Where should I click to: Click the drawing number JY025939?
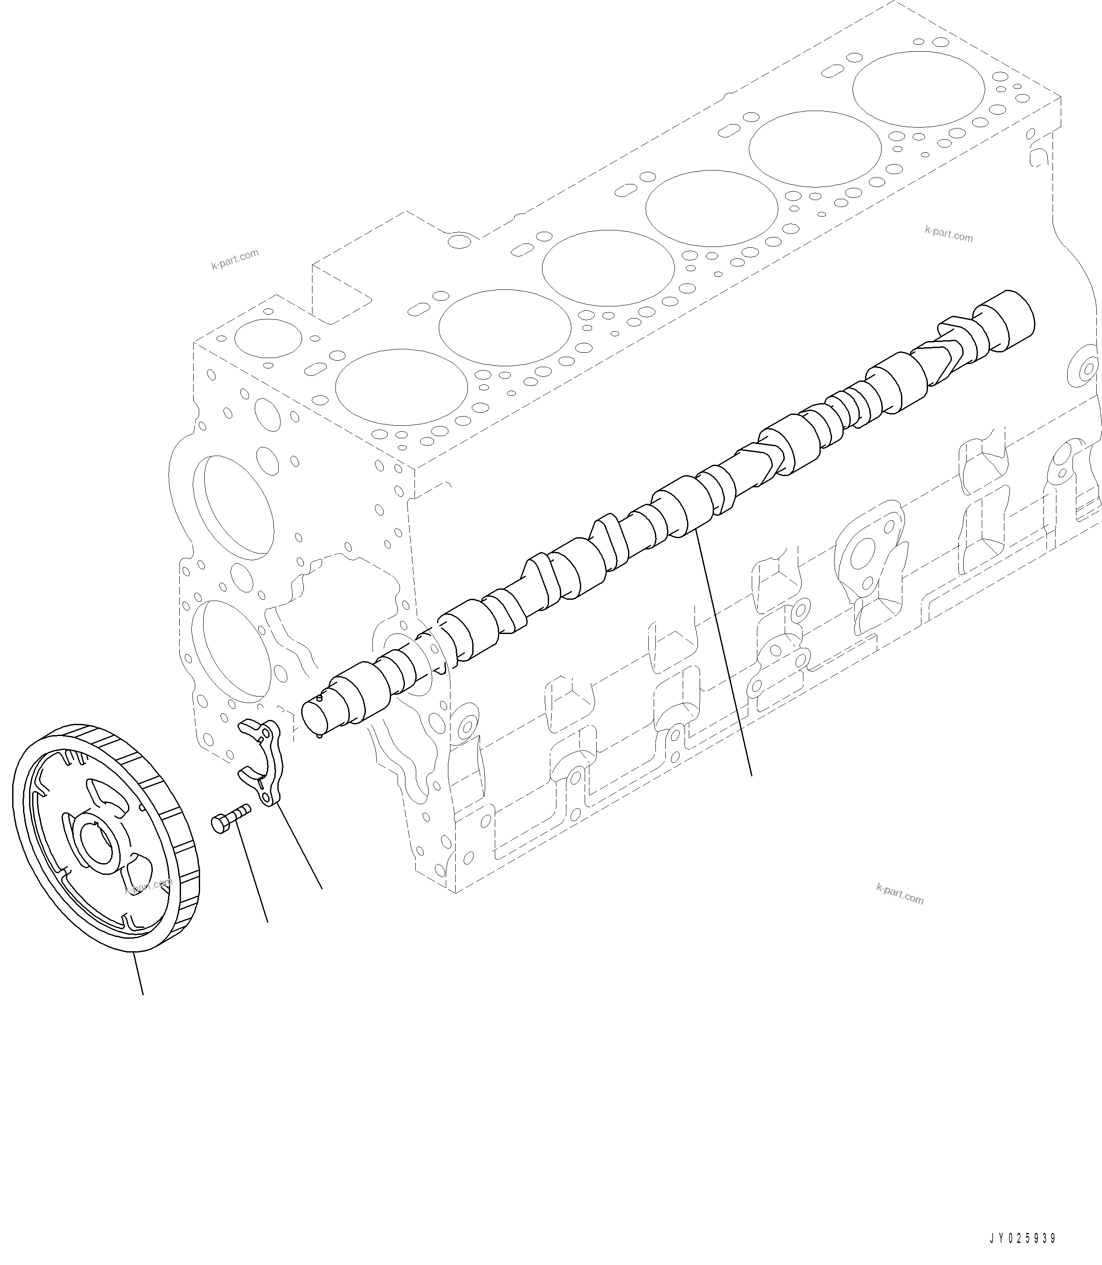1022,1239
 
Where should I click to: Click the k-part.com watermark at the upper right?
948,234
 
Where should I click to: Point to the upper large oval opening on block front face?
234,507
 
